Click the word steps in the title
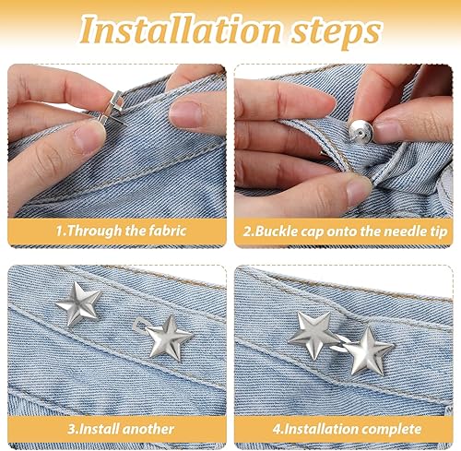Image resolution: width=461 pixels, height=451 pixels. tap(336, 32)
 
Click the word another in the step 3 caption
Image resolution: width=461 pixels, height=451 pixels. tap(148, 429)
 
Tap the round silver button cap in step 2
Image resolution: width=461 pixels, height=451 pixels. tap(361, 131)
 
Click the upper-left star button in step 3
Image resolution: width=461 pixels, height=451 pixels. tap(79, 303)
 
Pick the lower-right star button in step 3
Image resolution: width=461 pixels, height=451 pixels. tap(169, 338)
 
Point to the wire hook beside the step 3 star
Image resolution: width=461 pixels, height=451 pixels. tap(140, 325)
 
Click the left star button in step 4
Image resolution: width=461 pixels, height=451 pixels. tap(314, 335)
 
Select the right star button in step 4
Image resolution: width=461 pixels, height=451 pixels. tap(368, 350)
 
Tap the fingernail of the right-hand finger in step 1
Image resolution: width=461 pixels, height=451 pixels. tap(185, 113)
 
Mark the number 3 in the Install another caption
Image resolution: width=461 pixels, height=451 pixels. tap(71, 430)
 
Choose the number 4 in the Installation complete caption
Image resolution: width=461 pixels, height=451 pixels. tap(277, 430)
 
